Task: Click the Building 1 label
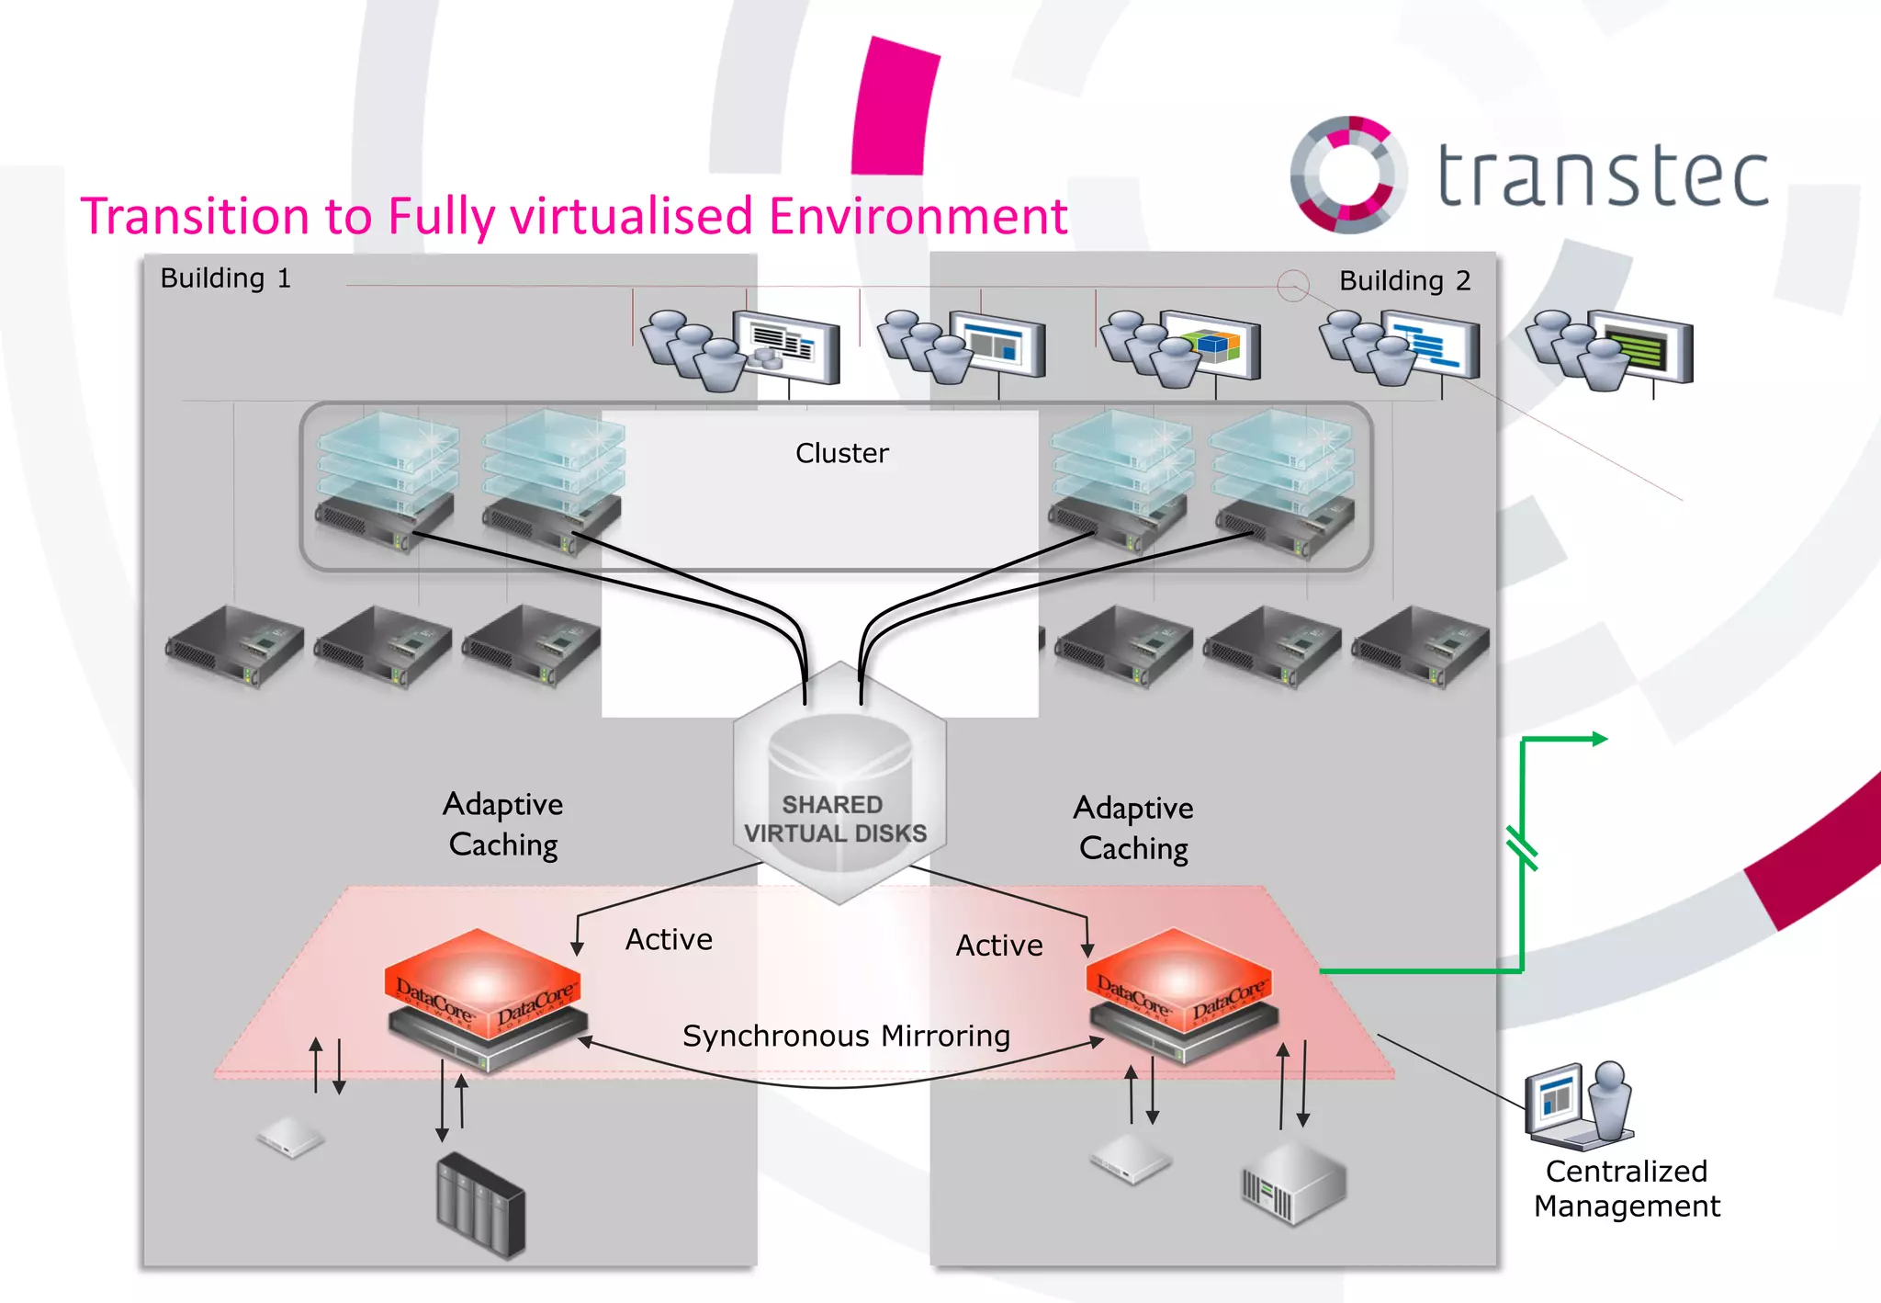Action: click(225, 278)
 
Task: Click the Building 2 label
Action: click(1403, 280)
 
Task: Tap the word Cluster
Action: click(841, 453)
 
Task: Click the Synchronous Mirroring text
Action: click(846, 1036)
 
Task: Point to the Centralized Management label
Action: click(1626, 1188)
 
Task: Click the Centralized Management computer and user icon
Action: click(1578, 1105)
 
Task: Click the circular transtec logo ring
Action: click(1348, 174)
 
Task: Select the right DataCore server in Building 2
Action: click(1181, 994)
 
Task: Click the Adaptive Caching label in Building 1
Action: click(502, 824)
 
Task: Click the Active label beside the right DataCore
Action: click(998, 946)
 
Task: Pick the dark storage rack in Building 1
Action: click(480, 1205)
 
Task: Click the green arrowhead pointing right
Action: click(1599, 739)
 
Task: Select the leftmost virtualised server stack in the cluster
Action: click(386, 482)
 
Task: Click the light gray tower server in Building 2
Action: click(1293, 1184)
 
